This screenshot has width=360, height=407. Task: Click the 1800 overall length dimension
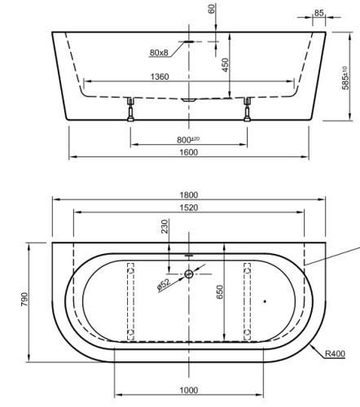[188, 195]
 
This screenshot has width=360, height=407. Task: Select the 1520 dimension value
[188, 208]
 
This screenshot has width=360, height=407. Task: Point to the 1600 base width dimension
[189, 151]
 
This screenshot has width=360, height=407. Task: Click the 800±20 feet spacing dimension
[190, 140]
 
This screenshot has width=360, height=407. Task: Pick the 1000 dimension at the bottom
[189, 389]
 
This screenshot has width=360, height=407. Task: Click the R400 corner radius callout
[334, 354]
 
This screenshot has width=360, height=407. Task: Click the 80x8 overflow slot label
[159, 52]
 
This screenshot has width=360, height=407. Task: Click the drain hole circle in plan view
[188, 274]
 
